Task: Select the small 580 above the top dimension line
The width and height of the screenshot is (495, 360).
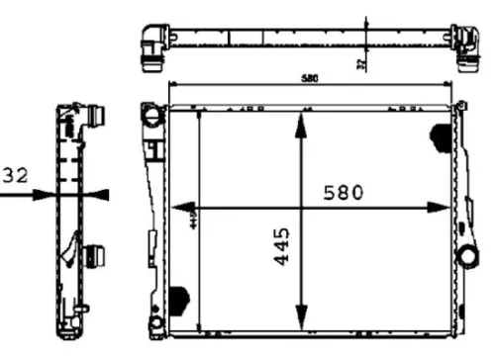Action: [x=312, y=78]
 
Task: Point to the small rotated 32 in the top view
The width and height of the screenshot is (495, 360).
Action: [x=361, y=62]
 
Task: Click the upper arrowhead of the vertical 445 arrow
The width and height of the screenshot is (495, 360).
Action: [x=299, y=119]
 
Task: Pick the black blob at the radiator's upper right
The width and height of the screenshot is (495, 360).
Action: [x=440, y=135]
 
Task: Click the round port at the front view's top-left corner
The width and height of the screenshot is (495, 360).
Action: [x=151, y=116]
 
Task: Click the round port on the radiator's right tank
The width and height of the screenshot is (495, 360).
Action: [x=466, y=256]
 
